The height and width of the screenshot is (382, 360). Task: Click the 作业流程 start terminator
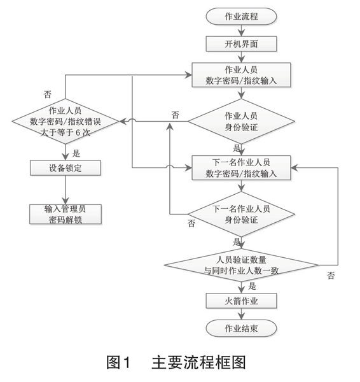241,17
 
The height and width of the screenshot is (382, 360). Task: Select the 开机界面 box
241,44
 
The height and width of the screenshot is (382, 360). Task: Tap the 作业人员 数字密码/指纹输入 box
241,74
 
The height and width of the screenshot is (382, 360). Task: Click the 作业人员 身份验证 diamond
241,121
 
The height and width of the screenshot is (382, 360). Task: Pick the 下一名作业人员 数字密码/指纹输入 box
241,168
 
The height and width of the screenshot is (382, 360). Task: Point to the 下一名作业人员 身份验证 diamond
241,214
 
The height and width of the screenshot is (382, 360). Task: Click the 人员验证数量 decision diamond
241,265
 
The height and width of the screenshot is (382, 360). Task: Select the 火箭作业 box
241,301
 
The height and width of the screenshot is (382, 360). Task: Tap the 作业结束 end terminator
241,328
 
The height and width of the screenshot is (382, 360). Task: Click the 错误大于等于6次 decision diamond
66,121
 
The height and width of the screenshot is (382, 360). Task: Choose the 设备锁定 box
66,168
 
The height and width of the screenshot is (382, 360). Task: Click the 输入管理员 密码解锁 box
66,214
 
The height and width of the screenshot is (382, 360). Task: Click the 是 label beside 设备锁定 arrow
76,153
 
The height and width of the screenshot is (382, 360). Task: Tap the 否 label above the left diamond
48,94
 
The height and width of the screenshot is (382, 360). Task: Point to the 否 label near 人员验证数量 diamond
331,276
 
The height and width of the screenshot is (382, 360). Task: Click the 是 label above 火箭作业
252,286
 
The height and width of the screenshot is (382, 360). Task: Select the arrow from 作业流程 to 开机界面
241,31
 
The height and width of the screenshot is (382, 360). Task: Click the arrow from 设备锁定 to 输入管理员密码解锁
66,190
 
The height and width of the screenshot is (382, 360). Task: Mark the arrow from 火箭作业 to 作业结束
241,314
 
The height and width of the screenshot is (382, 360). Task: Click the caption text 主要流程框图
198,362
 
